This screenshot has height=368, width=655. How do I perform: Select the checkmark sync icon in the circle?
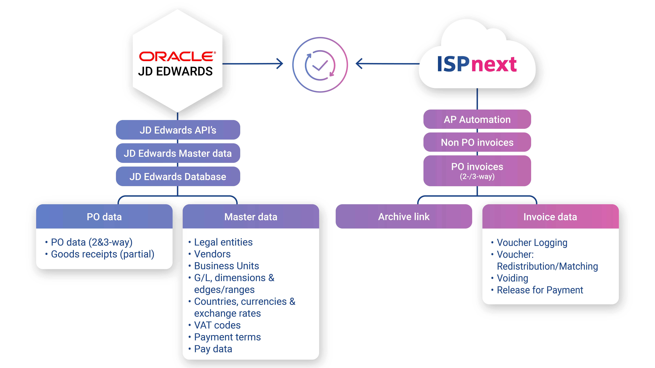pos(320,65)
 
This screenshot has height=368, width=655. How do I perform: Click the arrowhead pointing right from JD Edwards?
pos(280,64)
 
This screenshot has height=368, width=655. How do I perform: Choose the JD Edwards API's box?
pos(178,130)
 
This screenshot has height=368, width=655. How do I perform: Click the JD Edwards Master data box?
pos(178,153)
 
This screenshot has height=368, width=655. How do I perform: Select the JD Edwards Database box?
pos(178,176)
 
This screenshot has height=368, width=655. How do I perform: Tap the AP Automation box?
pos(477,119)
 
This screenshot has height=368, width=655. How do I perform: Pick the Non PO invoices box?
pos(477,142)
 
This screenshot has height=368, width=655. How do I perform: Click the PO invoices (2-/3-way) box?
pos(477,171)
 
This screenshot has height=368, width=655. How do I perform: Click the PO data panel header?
pos(104,217)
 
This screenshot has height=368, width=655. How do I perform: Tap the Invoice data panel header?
pos(550,217)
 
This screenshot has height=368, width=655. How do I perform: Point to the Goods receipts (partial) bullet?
pos(103,254)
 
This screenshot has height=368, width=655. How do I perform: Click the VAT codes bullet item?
pos(217,325)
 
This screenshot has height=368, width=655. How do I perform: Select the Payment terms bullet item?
pos(227,337)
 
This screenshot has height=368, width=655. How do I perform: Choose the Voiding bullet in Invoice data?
pos(512,278)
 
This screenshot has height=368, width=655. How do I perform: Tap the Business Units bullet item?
pos(226,266)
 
